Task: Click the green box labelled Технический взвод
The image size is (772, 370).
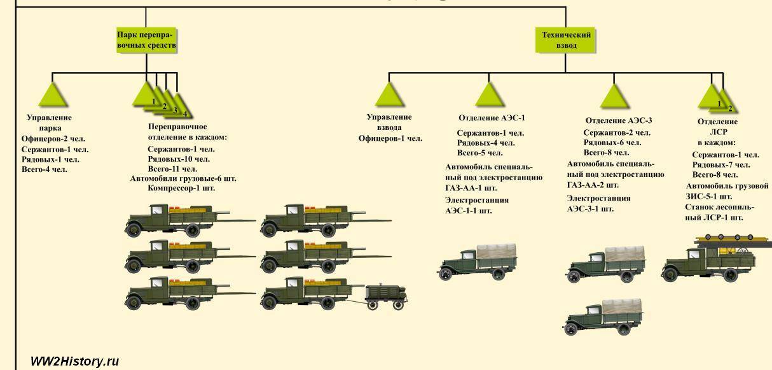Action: pyautogui.click(x=565, y=40)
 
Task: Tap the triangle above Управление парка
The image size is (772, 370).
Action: pyautogui.click(x=53, y=95)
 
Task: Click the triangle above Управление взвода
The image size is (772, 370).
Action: pyautogui.click(x=390, y=95)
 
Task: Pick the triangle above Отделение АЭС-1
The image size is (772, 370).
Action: pyautogui.click(x=490, y=95)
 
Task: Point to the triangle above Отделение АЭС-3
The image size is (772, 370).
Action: pyautogui.click(x=614, y=96)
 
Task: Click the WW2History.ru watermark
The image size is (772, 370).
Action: pyautogui.click(x=74, y=361)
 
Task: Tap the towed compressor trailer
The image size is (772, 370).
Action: pyautogui.click(x=386, y=297)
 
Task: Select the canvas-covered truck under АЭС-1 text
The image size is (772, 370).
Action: pyautogui.click(x=478, y=262)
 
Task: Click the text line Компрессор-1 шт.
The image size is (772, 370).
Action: pyautogui.click(x=181, y=188)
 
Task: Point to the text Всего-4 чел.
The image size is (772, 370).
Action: pyautogui.click(x=44, y=169)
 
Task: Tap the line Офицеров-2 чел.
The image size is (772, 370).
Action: pyautogui.click(x=53, y=139)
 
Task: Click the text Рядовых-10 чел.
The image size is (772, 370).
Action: pyautogui.click(x=179, y=159)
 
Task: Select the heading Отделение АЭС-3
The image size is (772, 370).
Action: pyautogui.click(x=619, y=120)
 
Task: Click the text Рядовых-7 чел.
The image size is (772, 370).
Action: pyautogui.click(x=720, y=164)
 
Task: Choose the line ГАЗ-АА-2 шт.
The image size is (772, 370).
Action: pyautogui.click(x=593, y=185)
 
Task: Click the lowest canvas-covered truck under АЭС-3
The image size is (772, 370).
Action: pyautogui.click(x=603, y=317)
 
